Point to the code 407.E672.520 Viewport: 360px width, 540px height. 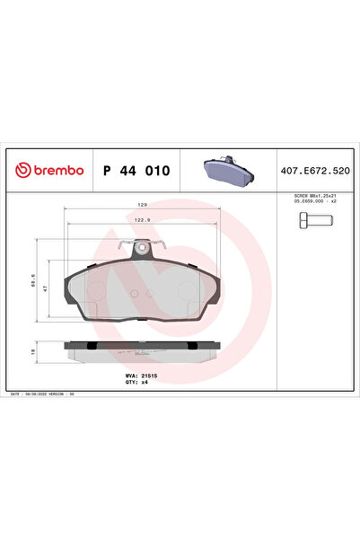[314, 170]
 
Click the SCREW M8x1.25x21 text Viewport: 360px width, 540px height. [314, 195]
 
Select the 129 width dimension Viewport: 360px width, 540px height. [140, 205]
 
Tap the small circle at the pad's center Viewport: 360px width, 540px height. [135, 292]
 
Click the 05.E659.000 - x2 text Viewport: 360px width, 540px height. [314, 201]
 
